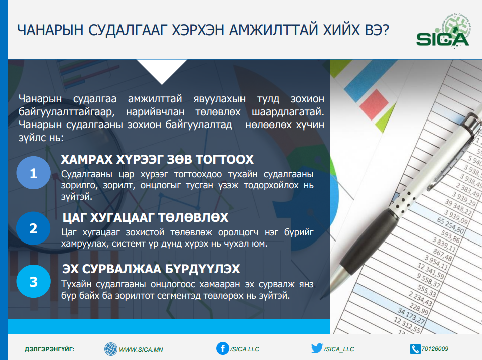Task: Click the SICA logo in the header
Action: coord(443,31)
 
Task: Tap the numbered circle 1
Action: coord(34,173)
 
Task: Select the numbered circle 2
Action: coord(33,228)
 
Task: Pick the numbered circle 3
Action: coord(34,281)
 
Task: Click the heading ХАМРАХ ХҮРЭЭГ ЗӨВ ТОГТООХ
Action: coord(157,159)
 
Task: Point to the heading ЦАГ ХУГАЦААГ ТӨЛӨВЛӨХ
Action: coord(146,217)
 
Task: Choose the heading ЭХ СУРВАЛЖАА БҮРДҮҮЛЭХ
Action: coord(151,269)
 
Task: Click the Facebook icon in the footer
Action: coord(222,348)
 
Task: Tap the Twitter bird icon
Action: coord(317,348)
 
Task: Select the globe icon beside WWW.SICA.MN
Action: coord(110,349)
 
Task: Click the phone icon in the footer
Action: coord(415,349)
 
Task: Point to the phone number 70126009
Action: coord(435,348)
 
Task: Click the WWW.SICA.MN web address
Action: coord(141,350)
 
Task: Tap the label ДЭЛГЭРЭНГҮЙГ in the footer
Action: coord(50,349)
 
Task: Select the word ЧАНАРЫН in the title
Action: coord(50,30)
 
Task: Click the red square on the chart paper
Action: coord(374,104)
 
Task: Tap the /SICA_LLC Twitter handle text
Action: coord(339,349)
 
